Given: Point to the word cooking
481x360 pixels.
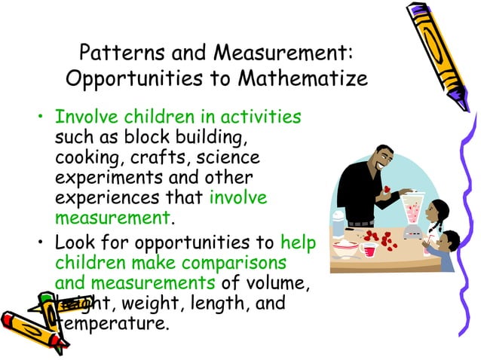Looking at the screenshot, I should click(86, 158).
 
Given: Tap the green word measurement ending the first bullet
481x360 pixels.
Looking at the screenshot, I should click(112, 218).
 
